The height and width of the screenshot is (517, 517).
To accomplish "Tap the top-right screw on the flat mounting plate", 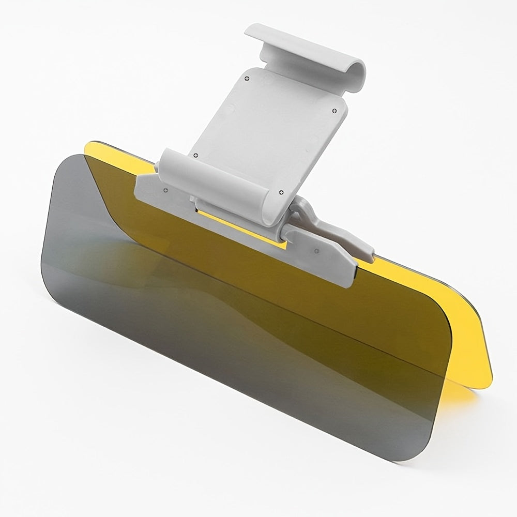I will pyautogui.click(x=334, y=110).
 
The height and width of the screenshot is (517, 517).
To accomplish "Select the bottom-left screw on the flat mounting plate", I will pyautogui.click(x=195, y=155).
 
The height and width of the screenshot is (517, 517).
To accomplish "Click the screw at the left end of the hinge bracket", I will pyautogui.click(x=166, y=190).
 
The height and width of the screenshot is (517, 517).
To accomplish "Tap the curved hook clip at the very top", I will pyautogui.click(x=305, y=52).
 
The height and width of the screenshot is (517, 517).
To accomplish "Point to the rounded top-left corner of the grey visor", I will pyautogui.click(x=65, y=160).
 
